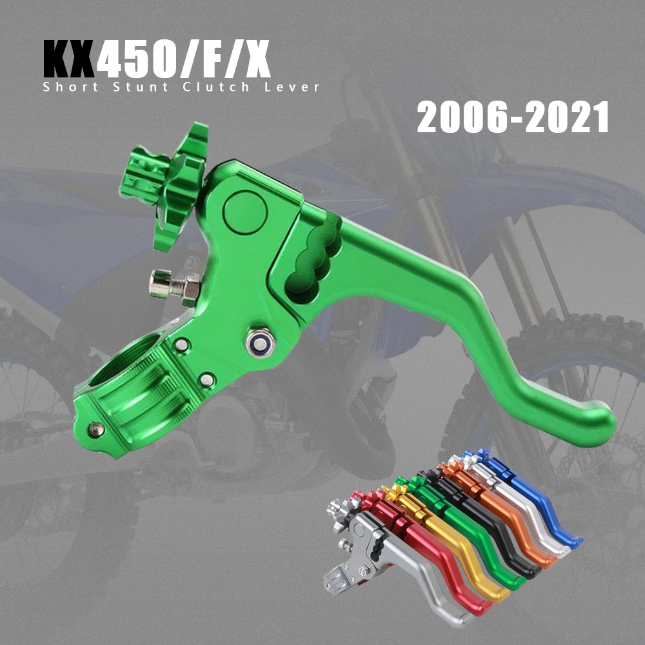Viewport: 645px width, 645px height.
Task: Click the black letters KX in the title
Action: tap(69, 61)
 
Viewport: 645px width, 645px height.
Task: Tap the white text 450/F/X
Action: tap(184, 61)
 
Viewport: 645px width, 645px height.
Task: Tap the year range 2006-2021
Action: tap(513, 118)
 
